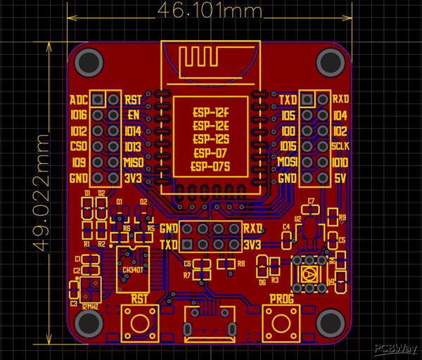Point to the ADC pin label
pos(79,99)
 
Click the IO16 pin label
pos(79,115)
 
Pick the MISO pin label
pos(134,162)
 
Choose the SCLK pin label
pos(340,147)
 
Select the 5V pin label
pos(339,179)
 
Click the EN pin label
pos(132,115)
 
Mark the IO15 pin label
pos(288,147)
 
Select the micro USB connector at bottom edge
pos(209,325)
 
